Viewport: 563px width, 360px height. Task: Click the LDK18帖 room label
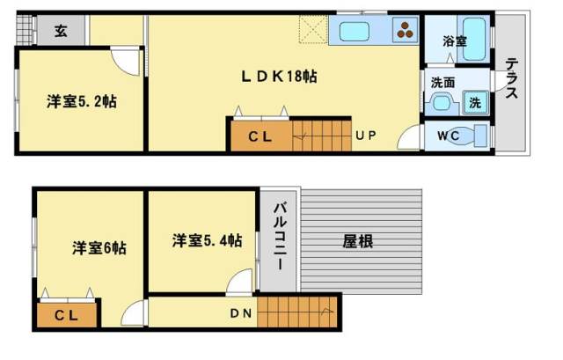[279, 77]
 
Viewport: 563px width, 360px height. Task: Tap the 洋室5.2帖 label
[82, 102]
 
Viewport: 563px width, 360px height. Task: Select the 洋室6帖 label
[99, 248]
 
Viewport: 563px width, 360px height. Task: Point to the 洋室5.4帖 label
[207, 240]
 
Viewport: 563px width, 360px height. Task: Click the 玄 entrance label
[61, 32]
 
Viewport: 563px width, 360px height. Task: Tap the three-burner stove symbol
[405, 30]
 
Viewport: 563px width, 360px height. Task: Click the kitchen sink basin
[355, 32]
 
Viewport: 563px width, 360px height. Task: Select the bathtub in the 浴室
[474, 39]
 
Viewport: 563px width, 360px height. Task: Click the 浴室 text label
[454, 41]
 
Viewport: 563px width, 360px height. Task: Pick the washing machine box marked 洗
[475, 103]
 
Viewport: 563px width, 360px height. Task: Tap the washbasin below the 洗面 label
[442, 103]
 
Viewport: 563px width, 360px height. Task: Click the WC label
[448, 136]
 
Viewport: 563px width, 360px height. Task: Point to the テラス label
[511, 78]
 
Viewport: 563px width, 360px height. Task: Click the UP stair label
[366, 136]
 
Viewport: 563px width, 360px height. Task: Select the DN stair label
[240, 313]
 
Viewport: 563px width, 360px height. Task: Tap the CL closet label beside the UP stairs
[260, 136]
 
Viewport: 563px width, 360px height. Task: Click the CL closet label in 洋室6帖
[66, 315]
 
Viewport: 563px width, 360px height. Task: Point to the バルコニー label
[280, 236]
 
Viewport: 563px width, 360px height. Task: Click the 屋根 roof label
[358, 241]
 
